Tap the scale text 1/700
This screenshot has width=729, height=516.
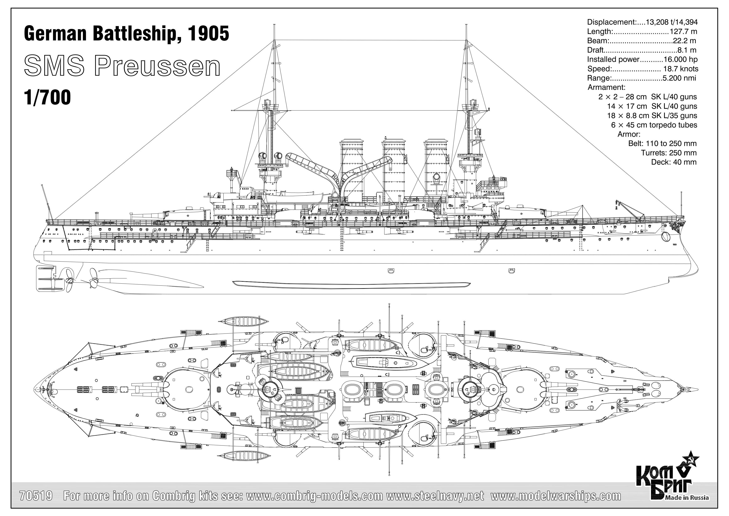tap(47, 97)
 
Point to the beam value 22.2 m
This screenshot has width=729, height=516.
tap(684, 41)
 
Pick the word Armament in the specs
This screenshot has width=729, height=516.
tap(606, 87)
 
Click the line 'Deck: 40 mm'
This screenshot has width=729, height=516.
tap(674, 162)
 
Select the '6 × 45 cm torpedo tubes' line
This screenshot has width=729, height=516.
tap(654, 125)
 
